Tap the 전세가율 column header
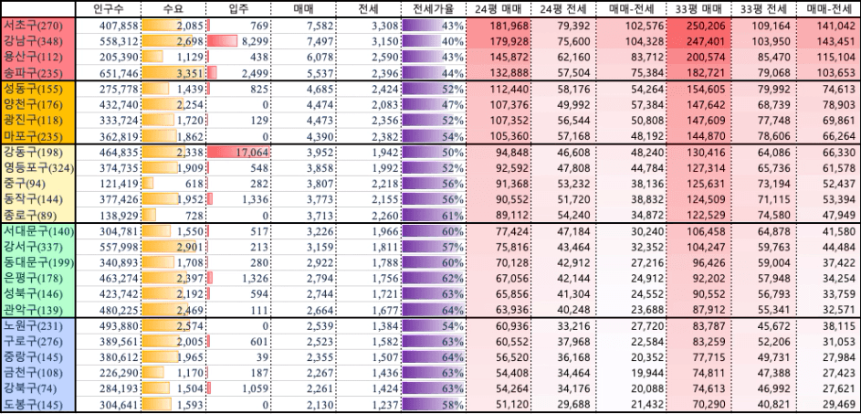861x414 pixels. click(433, 9)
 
